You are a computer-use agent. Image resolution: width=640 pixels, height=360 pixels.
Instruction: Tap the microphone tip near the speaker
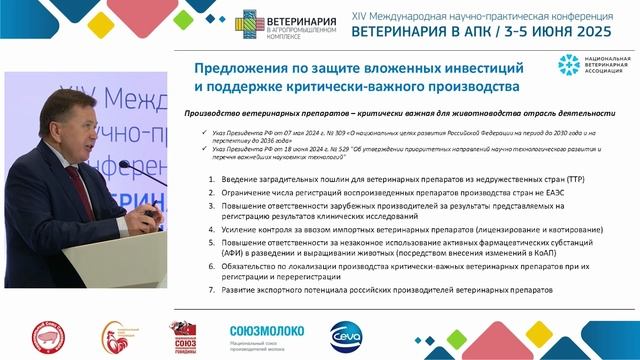[121, 163]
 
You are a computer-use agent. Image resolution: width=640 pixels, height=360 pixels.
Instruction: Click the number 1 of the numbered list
[210, 180]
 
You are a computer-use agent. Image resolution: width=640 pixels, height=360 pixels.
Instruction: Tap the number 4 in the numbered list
[210, 228]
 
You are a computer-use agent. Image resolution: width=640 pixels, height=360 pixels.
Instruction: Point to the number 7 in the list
[210, 289]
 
